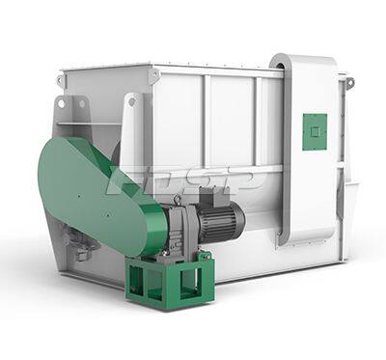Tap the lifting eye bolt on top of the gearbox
coord(177,200)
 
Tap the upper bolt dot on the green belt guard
coord(78,195)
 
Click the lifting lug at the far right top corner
coord(349,82)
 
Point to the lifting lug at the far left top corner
coord(60,79)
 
